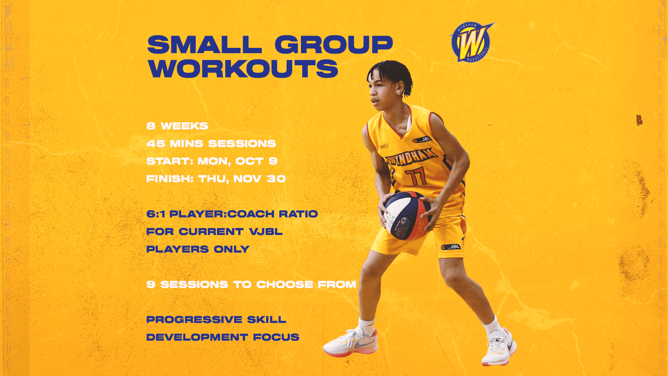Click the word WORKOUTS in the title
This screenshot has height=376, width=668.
coord(243,69)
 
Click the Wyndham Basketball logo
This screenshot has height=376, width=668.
coord(471,42)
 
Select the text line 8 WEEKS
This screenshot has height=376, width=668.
coord(177,126)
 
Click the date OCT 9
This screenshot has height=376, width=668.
coord(257,161)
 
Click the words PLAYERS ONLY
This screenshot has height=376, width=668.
coord(198,249)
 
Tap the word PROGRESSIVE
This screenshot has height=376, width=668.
coord(194,320)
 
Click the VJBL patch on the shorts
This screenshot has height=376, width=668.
coord(451,247)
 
